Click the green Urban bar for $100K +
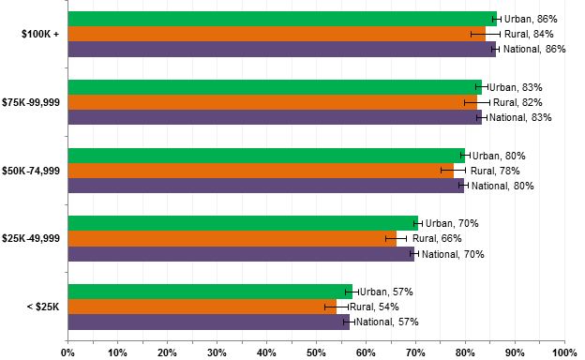[x=281, y=19]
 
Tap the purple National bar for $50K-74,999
[x=266, y=186]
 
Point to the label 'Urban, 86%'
[x=531, y=19]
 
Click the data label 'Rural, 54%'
[x=374, y=307]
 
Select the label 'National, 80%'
[x=502, y=186]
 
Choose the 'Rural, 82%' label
[x=517, y=102]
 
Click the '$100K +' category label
[x=40, y=34]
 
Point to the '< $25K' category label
[x=41, y=307]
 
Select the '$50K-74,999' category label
[x=33, y=171]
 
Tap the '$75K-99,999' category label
[x=33, y=102]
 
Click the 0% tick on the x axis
[x=67, y=352]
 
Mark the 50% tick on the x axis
[x=316, y=352]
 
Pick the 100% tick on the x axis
[x=564, y=352]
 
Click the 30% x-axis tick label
[x=217, y=352]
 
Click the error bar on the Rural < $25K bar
[x=337, y=307]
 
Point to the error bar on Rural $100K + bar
[x=485, y=34]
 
